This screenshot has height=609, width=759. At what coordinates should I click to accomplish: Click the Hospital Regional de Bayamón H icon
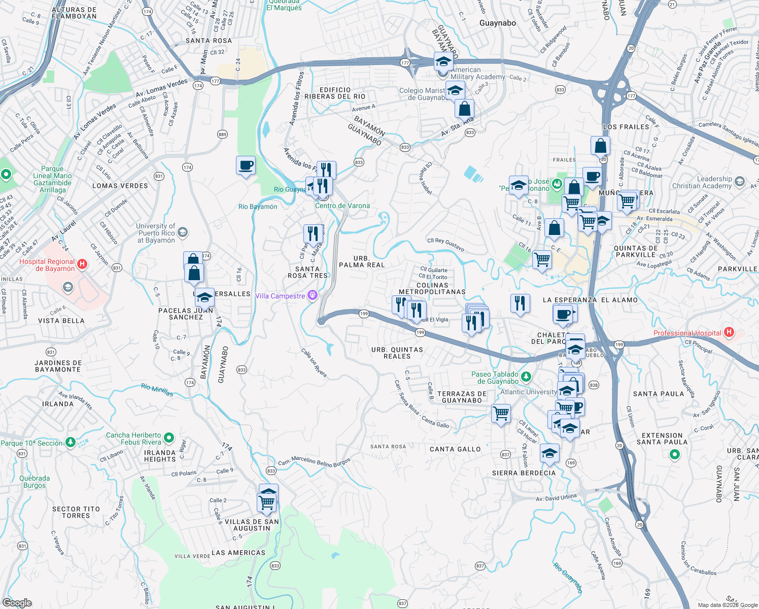82,264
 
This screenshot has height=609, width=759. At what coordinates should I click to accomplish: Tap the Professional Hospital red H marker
729,332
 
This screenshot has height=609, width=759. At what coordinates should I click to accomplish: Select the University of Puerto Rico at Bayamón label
156,233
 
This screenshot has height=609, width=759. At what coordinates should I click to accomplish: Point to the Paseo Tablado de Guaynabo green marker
526,377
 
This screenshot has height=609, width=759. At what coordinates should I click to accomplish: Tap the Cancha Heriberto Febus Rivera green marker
169,437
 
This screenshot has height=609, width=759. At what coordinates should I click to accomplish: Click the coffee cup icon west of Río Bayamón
246,165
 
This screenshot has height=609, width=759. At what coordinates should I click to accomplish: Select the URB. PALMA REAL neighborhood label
362,261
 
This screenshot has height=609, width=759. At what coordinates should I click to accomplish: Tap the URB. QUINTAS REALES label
397,353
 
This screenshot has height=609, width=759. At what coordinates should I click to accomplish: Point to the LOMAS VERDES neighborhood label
120,186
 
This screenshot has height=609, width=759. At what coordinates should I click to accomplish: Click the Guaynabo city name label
497,23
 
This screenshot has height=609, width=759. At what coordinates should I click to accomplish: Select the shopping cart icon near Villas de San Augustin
266,502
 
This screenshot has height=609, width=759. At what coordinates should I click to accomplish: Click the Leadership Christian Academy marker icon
739,182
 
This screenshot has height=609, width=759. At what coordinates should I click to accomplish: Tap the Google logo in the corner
17,603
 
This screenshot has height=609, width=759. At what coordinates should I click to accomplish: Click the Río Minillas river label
157,390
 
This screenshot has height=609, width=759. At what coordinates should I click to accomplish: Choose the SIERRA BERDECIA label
524,473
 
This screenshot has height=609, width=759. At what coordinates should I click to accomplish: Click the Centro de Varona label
342,206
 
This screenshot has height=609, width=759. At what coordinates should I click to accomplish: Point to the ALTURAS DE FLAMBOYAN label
74,13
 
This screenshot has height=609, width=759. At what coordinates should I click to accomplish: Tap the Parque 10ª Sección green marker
70,443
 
